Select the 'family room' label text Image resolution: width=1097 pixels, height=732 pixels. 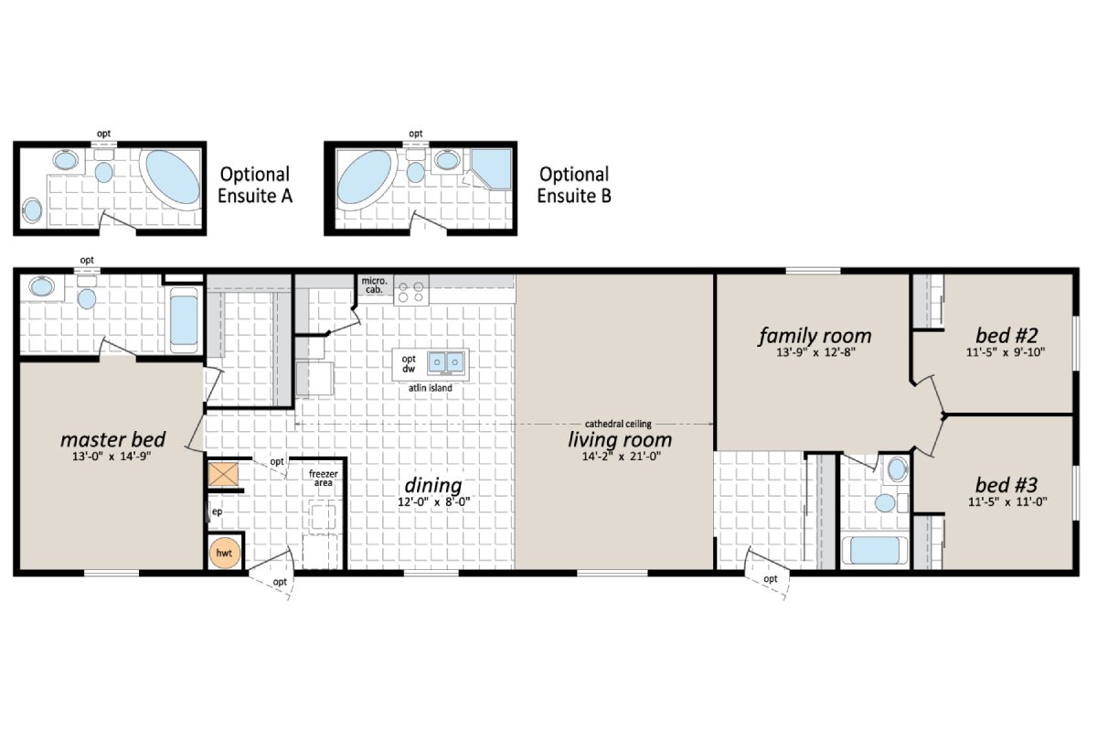(x=815, y=336)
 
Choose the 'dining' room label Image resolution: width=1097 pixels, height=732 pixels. (x=433, y=485)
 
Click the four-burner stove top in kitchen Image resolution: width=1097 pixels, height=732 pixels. (x=411, y=291)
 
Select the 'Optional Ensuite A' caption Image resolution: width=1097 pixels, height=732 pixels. (x=256, y=184)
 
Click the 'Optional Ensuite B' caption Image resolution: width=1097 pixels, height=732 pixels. (x=573, y=184)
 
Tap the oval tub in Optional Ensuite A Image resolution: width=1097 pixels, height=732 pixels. (x=172, y=178)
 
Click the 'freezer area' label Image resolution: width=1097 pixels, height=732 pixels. (x=322, y=478)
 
